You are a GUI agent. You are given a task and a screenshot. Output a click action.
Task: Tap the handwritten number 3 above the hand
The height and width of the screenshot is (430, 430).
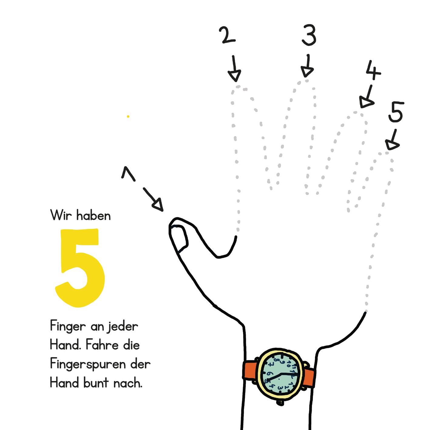(x=309, y=35)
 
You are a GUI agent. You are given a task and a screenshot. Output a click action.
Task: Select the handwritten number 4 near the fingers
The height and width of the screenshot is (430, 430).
(x=373, y=70)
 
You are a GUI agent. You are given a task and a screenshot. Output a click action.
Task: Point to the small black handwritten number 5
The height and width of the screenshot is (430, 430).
(x=396, y=112)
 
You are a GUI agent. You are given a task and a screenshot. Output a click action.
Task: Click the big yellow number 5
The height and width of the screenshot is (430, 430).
(x=80, y=268)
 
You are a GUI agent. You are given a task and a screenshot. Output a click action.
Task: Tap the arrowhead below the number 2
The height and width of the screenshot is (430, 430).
(x=235, y=76)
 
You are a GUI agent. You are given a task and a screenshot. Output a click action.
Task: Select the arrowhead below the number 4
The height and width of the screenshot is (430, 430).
(x=366, y=102)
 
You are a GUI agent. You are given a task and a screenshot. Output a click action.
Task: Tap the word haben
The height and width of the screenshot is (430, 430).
(x=93, y=215)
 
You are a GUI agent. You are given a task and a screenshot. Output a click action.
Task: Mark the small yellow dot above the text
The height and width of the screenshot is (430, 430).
(x=128, y=117)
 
